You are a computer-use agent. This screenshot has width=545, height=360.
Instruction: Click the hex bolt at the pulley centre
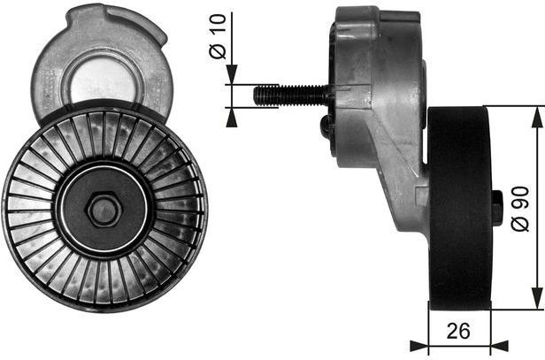104,210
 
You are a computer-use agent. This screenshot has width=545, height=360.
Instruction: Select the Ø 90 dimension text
520,207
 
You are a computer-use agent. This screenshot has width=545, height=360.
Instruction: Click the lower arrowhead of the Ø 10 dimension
229,114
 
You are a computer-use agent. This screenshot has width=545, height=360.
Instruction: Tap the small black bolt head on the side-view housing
327,127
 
